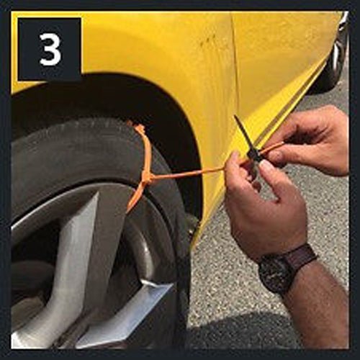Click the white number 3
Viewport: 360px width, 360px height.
[x=50, y=49]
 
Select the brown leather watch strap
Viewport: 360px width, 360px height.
[x=301, y=256]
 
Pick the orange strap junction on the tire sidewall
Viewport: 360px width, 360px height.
[x=146, y=176]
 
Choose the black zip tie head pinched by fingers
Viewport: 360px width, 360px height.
[x=253, y=154]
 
